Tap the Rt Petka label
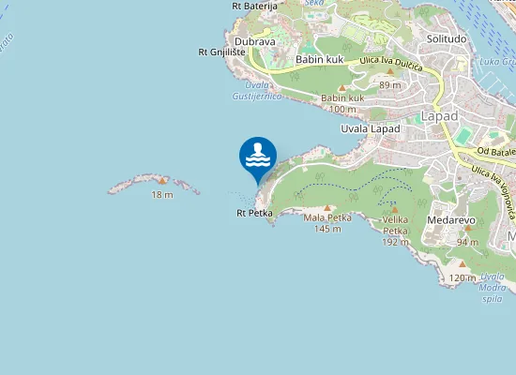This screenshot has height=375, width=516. (x=254, y=214)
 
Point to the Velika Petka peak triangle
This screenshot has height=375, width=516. (x=395, y=211)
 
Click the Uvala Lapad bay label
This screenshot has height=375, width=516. (x=371, y=127)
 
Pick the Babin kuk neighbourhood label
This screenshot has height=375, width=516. (x=319, y=59)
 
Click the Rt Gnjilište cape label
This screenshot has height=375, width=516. (x=221, y=52)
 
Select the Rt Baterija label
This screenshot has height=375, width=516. (x=255, y=6)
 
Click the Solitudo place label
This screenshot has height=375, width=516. (x=447, y=39)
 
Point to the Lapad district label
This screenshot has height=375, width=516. (x=439, y=115)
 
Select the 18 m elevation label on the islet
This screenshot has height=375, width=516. (x=162, y=194)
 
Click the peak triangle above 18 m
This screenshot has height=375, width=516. (x=162, y=180)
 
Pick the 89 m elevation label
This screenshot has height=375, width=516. (x=389, y=84)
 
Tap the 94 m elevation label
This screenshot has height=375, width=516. (x=467, y=242)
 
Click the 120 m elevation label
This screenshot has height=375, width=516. (x=462, y=277)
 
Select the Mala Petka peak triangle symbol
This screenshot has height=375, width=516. (x=327, y=208)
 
